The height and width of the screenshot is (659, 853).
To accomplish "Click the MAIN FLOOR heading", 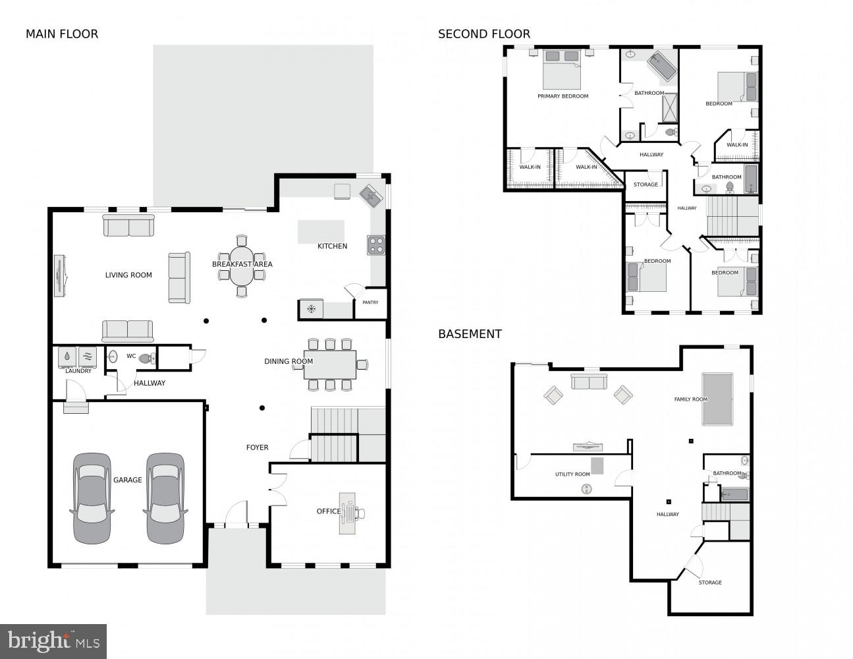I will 61,34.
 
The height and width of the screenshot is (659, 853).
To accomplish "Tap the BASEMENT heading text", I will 470,334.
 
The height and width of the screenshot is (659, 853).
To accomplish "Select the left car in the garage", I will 92,498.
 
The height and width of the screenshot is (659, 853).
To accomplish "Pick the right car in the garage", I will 164,498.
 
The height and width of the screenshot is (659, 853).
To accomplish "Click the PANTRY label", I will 370,302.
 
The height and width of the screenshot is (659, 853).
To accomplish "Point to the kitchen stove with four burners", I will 376,245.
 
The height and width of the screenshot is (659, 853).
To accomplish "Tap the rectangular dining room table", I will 329,364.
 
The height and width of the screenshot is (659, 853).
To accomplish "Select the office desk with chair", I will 348,513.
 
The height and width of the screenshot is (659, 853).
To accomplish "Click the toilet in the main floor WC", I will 148,358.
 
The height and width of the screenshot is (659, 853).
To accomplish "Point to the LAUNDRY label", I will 78,371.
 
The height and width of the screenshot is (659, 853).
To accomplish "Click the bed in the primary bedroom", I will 562,70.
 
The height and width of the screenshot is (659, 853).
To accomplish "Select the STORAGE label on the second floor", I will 646,185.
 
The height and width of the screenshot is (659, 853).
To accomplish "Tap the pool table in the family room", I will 717,399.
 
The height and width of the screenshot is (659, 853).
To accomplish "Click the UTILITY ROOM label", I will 572,474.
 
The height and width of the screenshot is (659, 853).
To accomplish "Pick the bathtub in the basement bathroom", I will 734,494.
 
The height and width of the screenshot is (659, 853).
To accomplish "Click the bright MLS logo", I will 53,641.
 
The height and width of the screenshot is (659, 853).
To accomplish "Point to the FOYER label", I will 257,447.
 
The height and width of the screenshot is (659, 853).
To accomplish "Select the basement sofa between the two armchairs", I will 588,382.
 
